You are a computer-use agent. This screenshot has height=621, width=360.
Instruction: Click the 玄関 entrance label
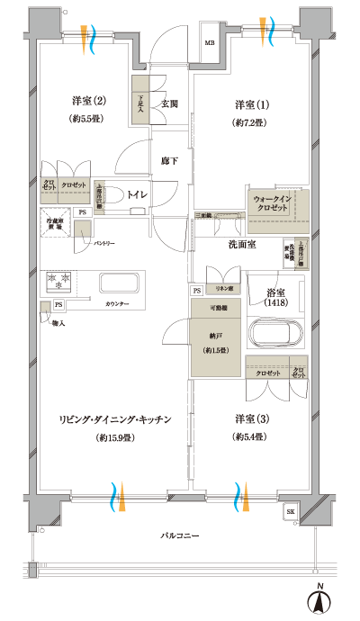click(169, 103)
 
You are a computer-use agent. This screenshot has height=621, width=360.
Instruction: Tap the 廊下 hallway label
click(169, 160)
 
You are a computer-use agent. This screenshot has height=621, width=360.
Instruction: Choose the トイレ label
click(138, 193)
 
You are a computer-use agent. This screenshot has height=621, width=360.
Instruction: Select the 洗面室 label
click(242, 244)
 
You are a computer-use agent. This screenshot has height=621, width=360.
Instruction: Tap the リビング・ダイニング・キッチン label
click(115, 420)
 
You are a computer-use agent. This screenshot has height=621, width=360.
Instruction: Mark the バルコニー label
click(180, 534)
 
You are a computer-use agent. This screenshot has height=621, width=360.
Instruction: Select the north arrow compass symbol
click(320, 600)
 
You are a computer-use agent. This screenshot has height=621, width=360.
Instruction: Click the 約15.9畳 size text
click(115, 438)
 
